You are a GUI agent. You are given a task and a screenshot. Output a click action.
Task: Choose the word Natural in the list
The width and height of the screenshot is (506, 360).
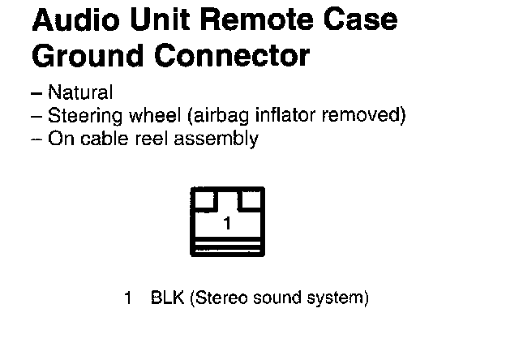pos(80,93)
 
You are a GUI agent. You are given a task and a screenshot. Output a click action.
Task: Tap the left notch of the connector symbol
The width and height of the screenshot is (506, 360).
pos(206,199)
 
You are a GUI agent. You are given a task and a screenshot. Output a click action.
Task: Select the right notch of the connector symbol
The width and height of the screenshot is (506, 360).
pos(251,199)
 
